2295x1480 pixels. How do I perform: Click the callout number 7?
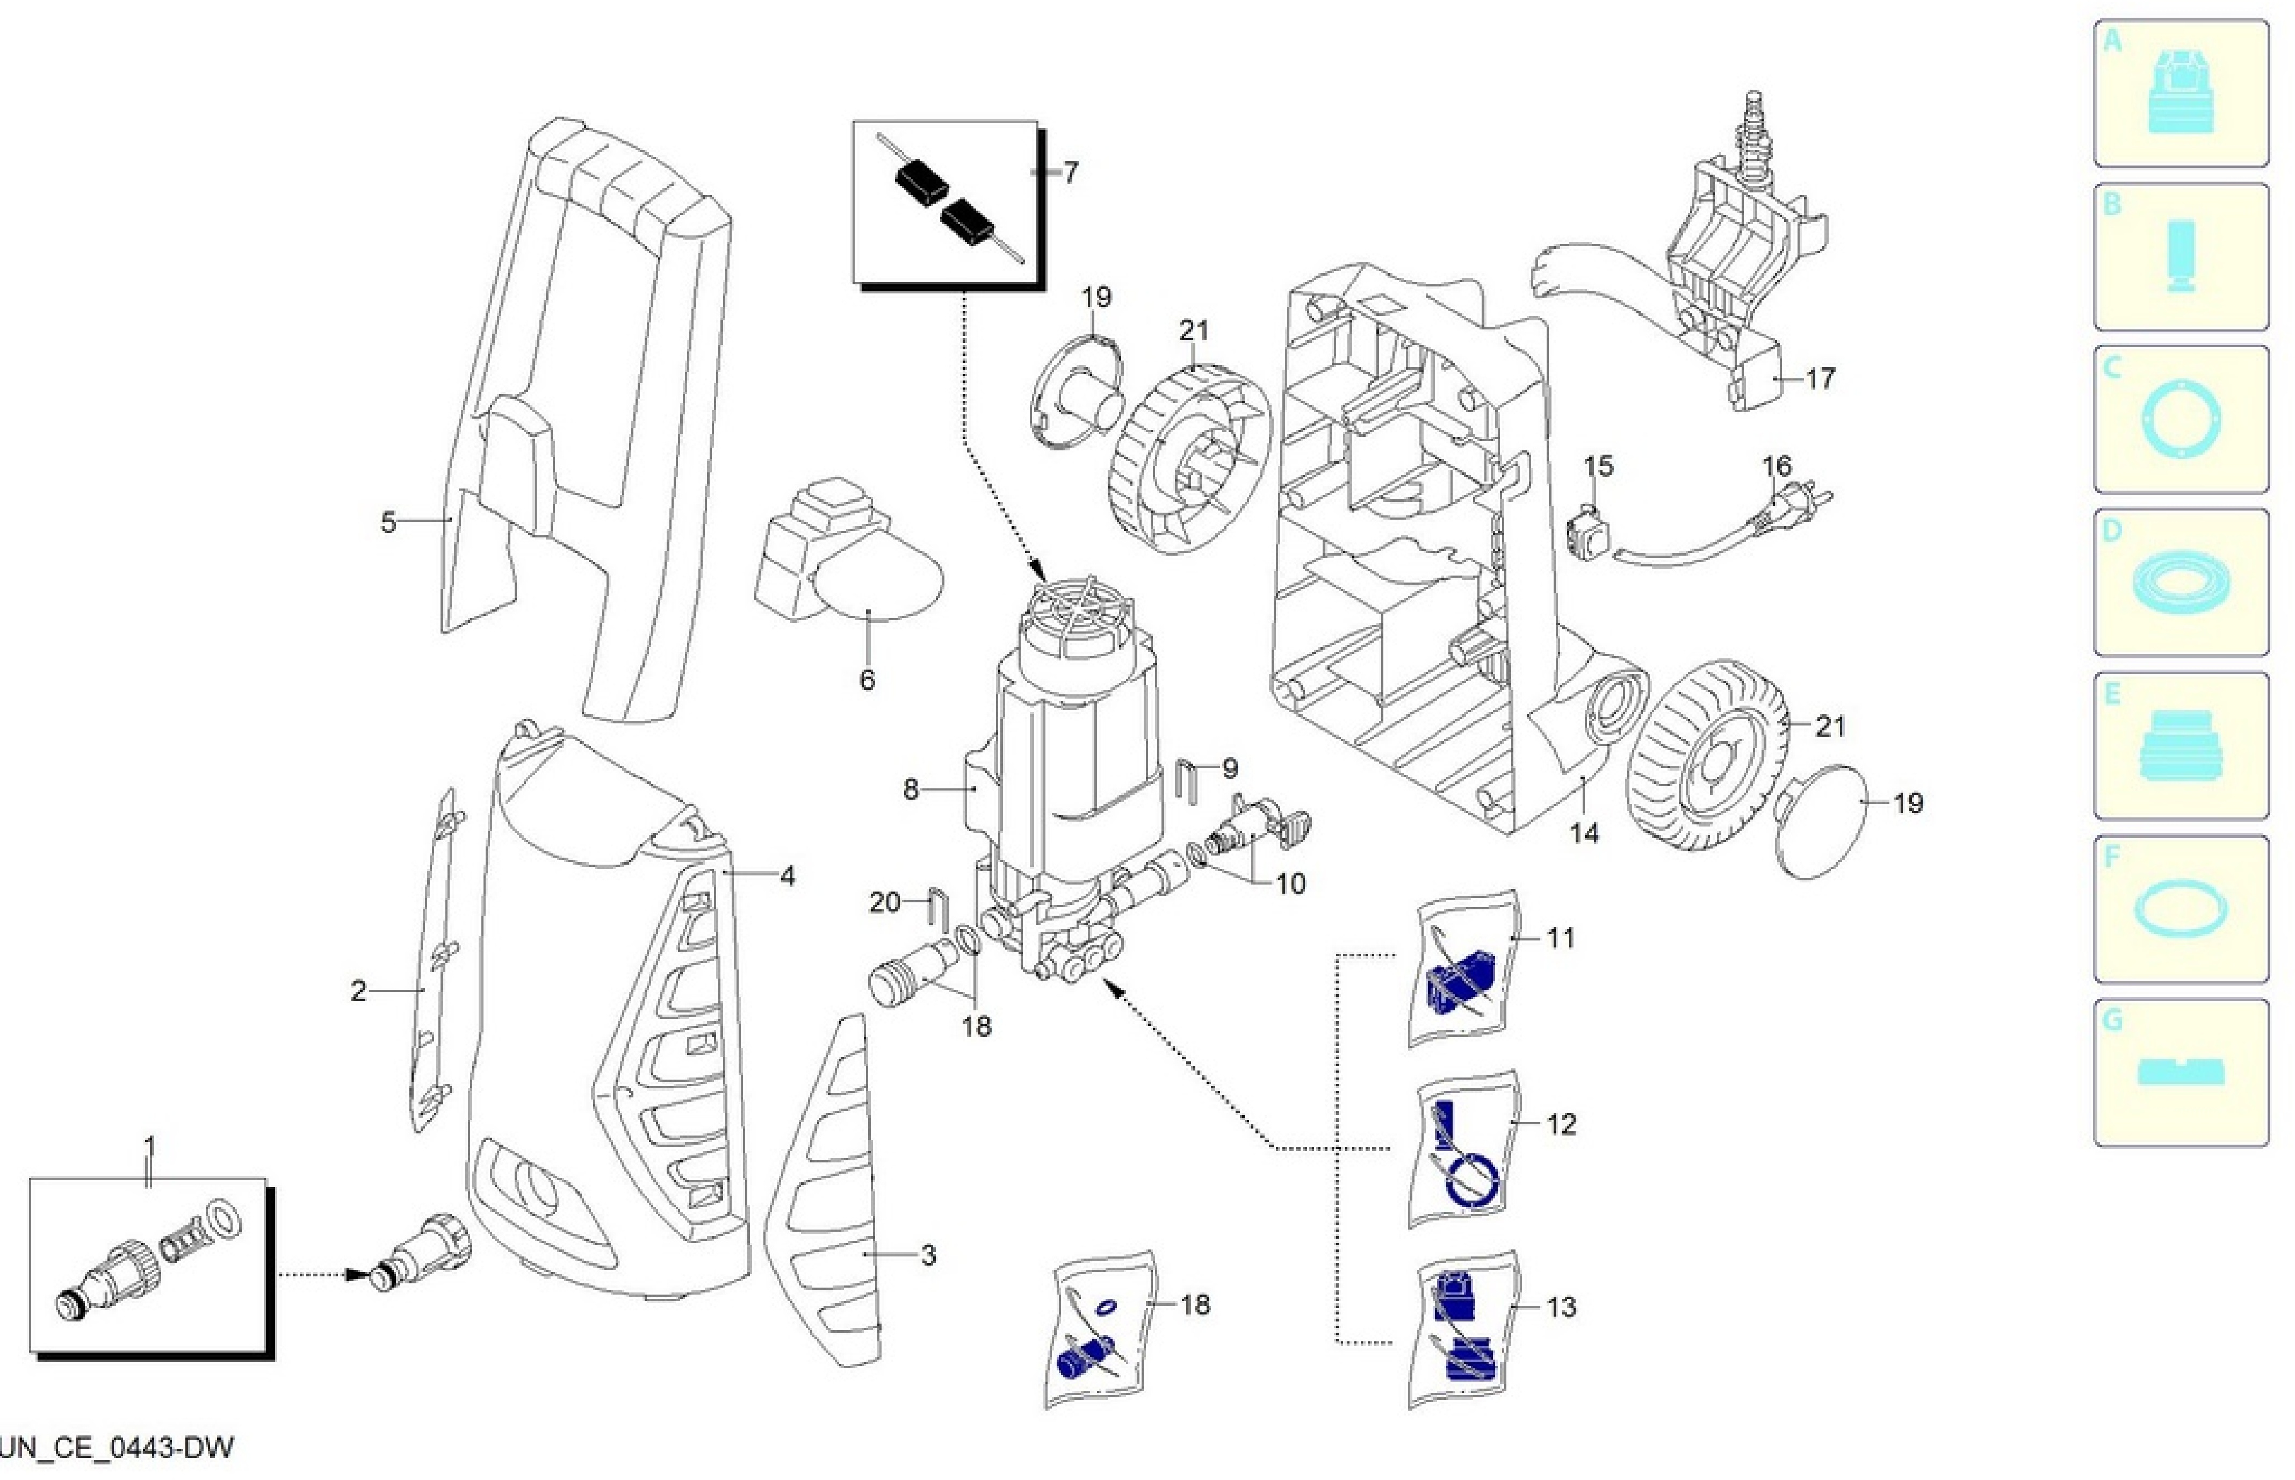coord(1070,172)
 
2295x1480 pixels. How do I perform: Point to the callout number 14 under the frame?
coord(1584,833)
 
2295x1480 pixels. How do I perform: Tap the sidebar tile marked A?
coord(2181,94)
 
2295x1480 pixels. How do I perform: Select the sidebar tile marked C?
coord(2181,420)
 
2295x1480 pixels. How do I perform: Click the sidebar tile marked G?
coord(2181,1073)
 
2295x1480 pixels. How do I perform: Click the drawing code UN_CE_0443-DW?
coord(117,1447)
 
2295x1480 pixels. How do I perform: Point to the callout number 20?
coord(884,902)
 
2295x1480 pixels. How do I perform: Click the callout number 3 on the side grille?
coord(928,1255)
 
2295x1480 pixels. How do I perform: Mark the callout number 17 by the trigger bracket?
coord(1820,379)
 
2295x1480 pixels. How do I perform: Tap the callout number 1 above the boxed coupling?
coord(149,1146)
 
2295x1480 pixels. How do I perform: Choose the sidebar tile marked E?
coord(2181,746)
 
